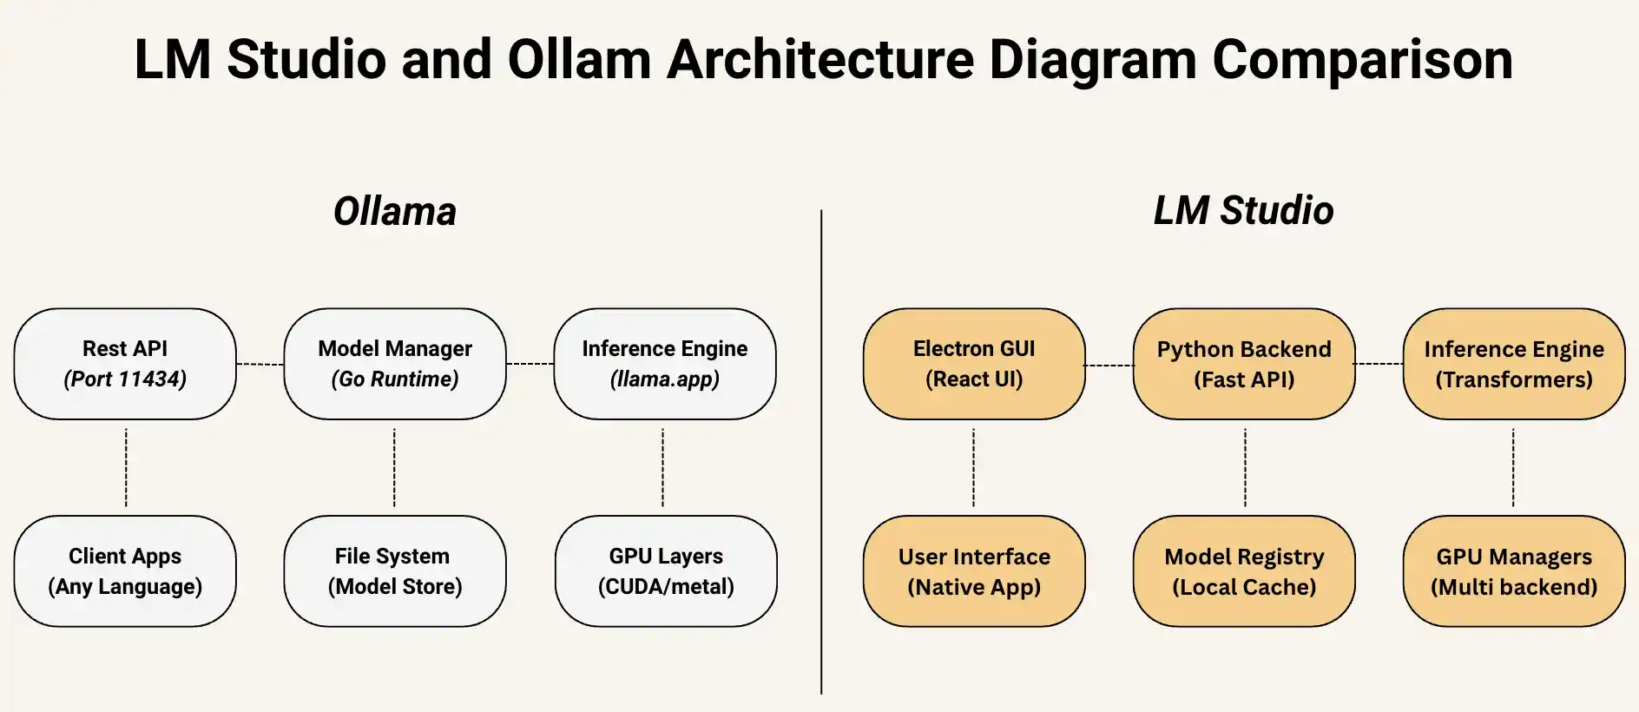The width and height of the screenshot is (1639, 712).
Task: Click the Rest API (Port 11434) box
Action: click(x=125, y=364)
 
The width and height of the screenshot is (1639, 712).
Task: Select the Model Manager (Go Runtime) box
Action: click(x=395, y=364)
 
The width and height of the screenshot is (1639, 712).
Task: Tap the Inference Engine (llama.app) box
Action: click(x=665, y=364)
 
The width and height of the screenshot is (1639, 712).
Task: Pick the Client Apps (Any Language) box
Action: click(x=125, y=571)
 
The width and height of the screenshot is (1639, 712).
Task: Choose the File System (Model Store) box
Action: click(x=395, y=571)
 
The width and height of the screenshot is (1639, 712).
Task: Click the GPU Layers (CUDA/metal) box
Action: click(x=666, y=571)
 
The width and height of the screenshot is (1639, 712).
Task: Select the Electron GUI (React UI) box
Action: click(x=974, y=364)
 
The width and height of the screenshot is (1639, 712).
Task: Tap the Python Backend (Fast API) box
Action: click(x=1244, y=364)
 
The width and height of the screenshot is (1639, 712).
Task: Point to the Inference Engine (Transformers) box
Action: click(x=1514, y=364)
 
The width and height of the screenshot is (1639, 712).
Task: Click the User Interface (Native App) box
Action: click(x=974, y=571)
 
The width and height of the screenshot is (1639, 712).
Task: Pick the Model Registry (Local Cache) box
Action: click(x=1244, y=571)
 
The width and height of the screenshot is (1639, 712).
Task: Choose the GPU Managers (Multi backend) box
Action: click(x=1514, y=571)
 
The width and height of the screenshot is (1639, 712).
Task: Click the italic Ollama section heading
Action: click(x=395, y=211)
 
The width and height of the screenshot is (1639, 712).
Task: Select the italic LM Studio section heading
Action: click(x=1243, y=210)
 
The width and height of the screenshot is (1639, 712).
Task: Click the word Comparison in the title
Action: click(x=1362, y=59)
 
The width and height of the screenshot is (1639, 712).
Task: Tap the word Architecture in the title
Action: click(x=820, y=59)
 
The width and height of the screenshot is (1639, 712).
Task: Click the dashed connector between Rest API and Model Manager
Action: click(x=260, y=364)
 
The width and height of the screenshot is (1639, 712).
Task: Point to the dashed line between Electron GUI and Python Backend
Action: click(x=1109, y=366)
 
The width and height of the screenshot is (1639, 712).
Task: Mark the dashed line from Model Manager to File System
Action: click(x=394, y=467)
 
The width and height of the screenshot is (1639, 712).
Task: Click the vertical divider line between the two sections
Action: click(x=821, y=452)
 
